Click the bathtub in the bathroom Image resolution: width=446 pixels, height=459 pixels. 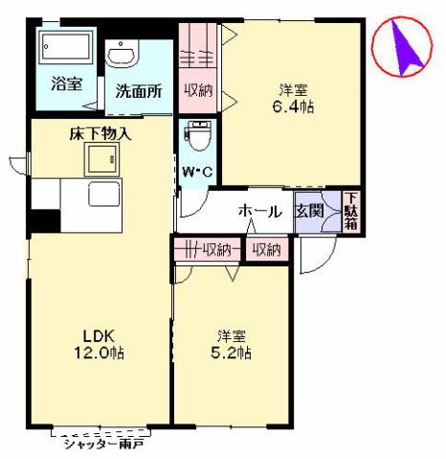pyautogui.click(x=65, y=47)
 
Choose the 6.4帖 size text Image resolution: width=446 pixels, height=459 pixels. pyautogui.click(x=293, y=108)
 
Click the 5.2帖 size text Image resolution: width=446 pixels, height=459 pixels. pyautogui.click(x=233, y=353)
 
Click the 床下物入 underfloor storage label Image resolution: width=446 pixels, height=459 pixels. pyautogui.click(x=100, y=134)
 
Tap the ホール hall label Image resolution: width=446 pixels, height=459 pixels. pyautogui.click(x=259, y=211)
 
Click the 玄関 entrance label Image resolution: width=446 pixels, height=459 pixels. pyautogui.click(x=308, y=211)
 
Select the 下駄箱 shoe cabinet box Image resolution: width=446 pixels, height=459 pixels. pyautogui.click(x=351, y=211)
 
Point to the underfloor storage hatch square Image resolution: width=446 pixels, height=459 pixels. pyautogui.click(x=100, y=161)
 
